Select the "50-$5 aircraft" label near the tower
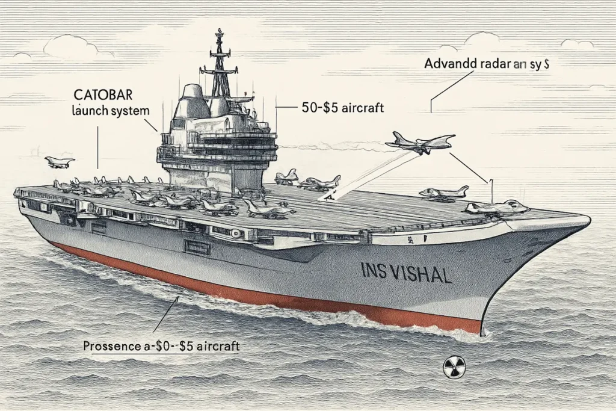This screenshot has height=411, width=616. pyautogui.click(x=342, y=108)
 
